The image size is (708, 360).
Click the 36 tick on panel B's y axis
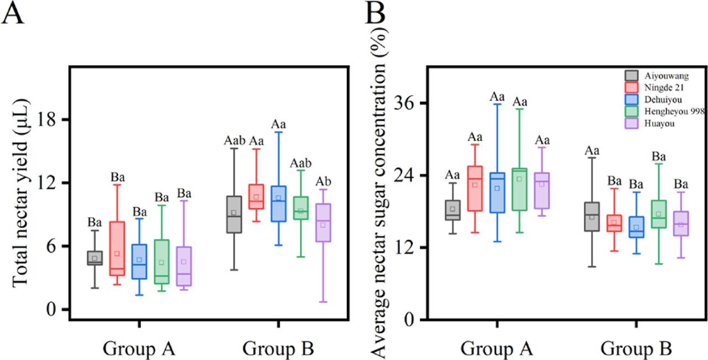point(406,103)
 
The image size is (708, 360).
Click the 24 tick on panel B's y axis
point(406,175)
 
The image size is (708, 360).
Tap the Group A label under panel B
point(497,349)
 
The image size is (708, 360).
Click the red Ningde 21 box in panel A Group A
point(117,248)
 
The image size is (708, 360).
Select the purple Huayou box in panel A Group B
point(323,222)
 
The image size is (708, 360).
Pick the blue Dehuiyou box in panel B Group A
point(497,192)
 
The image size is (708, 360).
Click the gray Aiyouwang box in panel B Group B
point(592,216)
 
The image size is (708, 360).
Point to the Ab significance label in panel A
point(323,182)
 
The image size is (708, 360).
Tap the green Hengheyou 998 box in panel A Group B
point(301,208)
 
